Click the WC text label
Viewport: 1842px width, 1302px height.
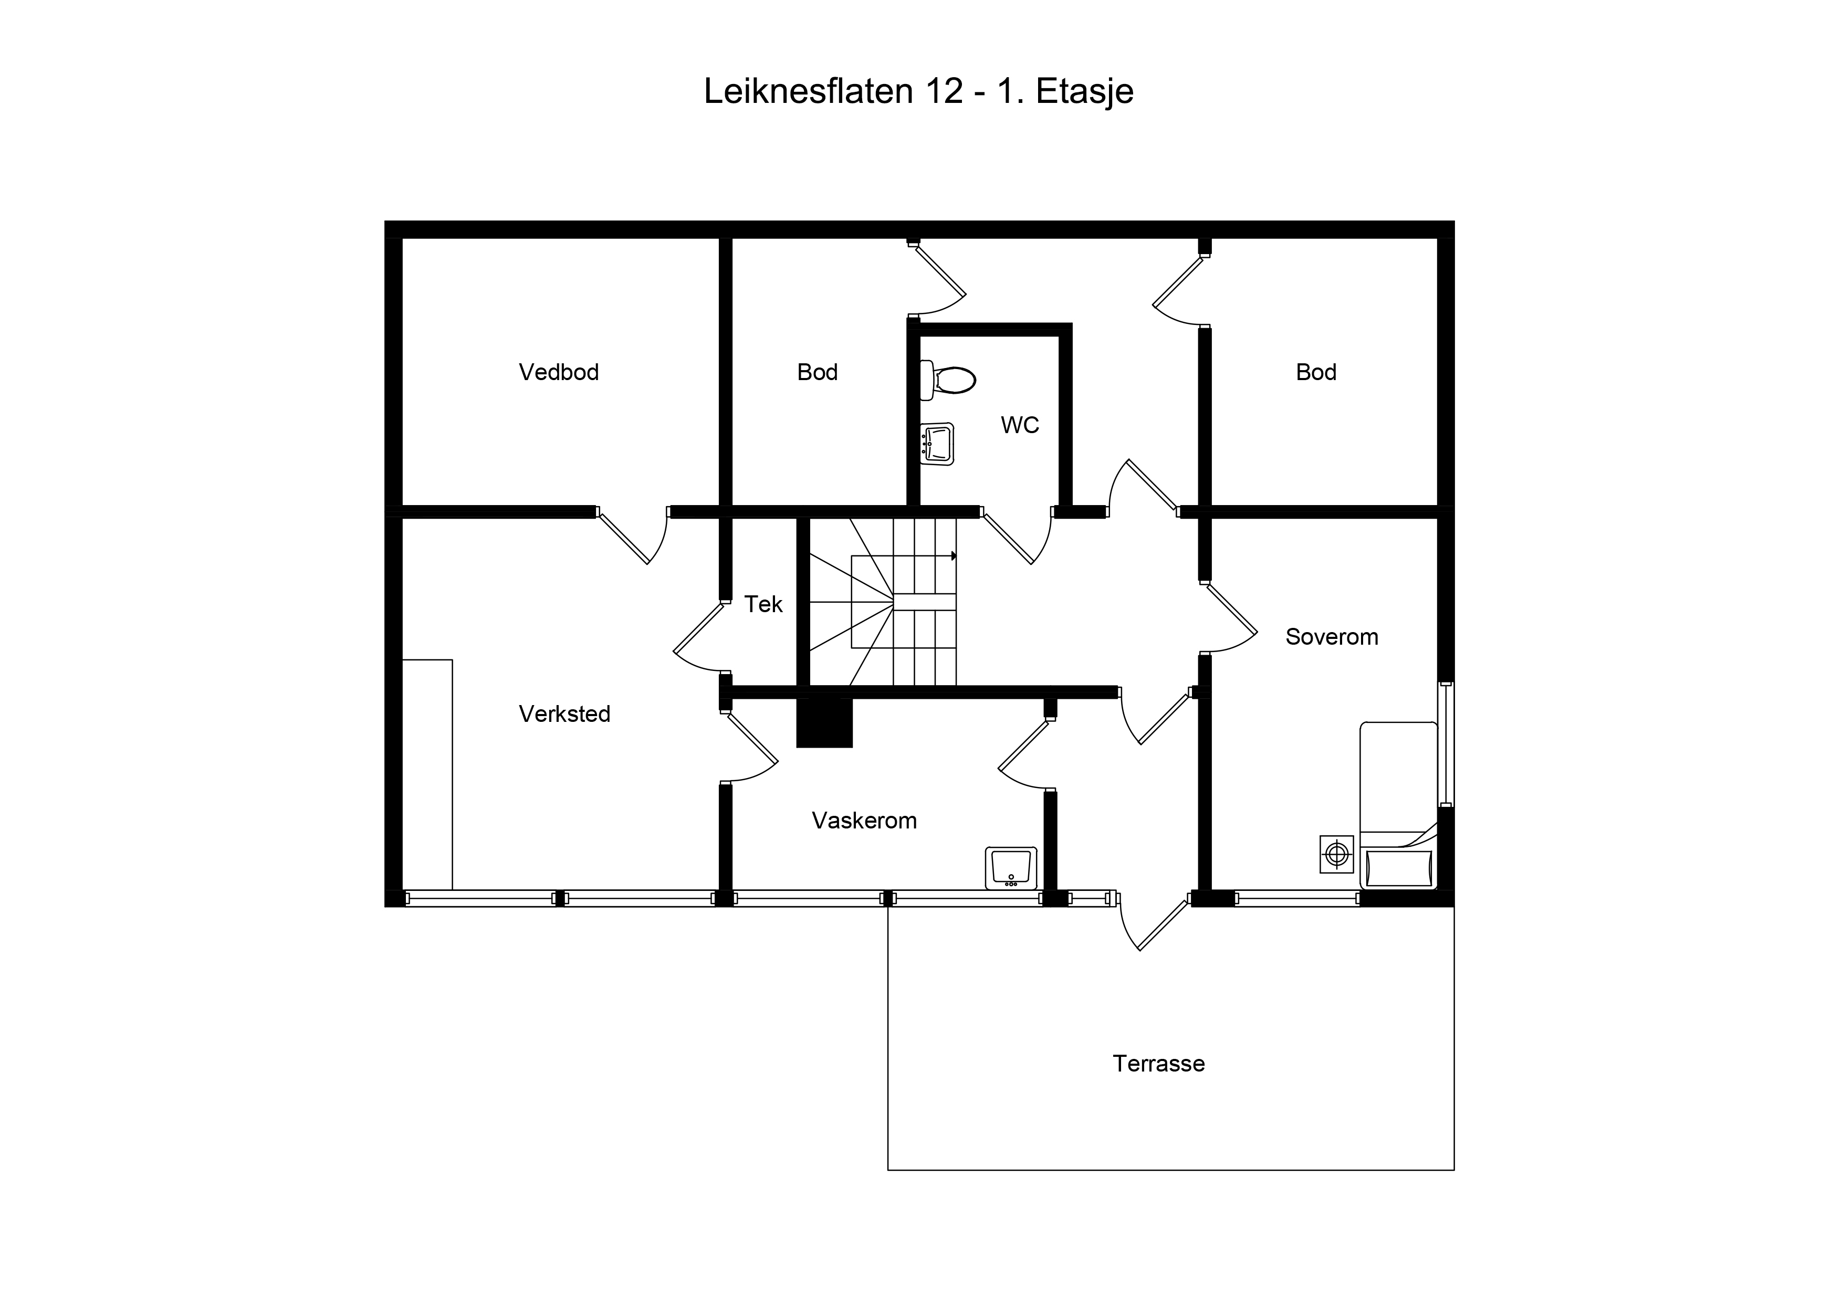pyautogui.click(x=1020, y=425)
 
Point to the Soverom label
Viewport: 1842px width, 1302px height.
pyautogui.click(x=1332, y=637)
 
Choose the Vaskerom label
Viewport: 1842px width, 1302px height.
pyautogui.click(x=864, y=821)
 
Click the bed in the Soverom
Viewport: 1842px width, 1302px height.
pyautogui.click(x=1398, y=805)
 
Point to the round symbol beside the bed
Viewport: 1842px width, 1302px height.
pyautogui.click(x=1336, y=854)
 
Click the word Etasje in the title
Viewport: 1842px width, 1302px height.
pyautogui.click(x=1085, y=91)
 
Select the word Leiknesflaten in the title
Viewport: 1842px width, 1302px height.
pyautogui.click(x=809, y=91)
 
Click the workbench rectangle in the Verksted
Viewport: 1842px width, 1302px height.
pyautogui.click(x=427, y=775)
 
